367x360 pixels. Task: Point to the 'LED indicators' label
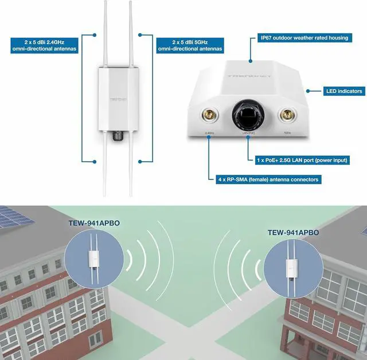(x=343, y=91)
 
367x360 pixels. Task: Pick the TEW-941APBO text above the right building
(x=293, y=233)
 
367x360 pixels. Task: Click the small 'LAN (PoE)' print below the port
(x=248, y=134)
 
